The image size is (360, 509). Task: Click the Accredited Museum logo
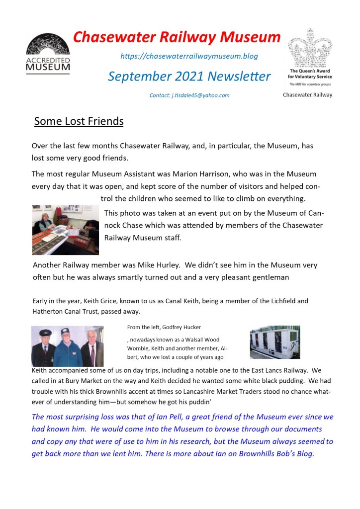click(48, 54)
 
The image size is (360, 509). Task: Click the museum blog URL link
click(189, 56)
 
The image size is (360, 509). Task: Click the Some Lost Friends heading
click(79, 121)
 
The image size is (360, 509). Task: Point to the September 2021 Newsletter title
click(189, 77)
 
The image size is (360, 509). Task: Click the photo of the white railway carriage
click(274, 342)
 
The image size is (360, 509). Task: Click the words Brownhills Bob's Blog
click(273, 454)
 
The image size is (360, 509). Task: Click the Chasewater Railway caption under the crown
click(307, 95)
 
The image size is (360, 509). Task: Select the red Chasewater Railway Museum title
click(177, 37)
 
